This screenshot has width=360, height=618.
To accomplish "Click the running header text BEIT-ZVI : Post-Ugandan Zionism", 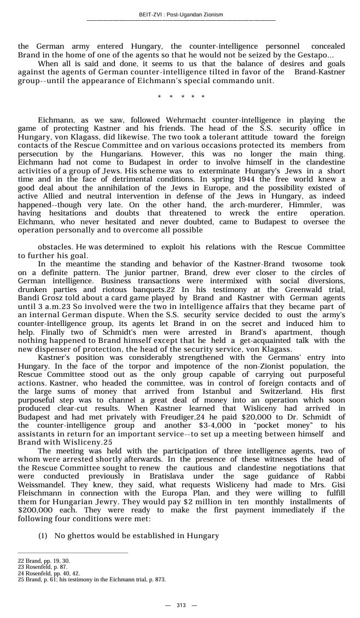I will pos(181,15).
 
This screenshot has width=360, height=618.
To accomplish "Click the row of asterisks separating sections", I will pos(181,97).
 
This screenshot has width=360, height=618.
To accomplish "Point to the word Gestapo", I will pos(312,56).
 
